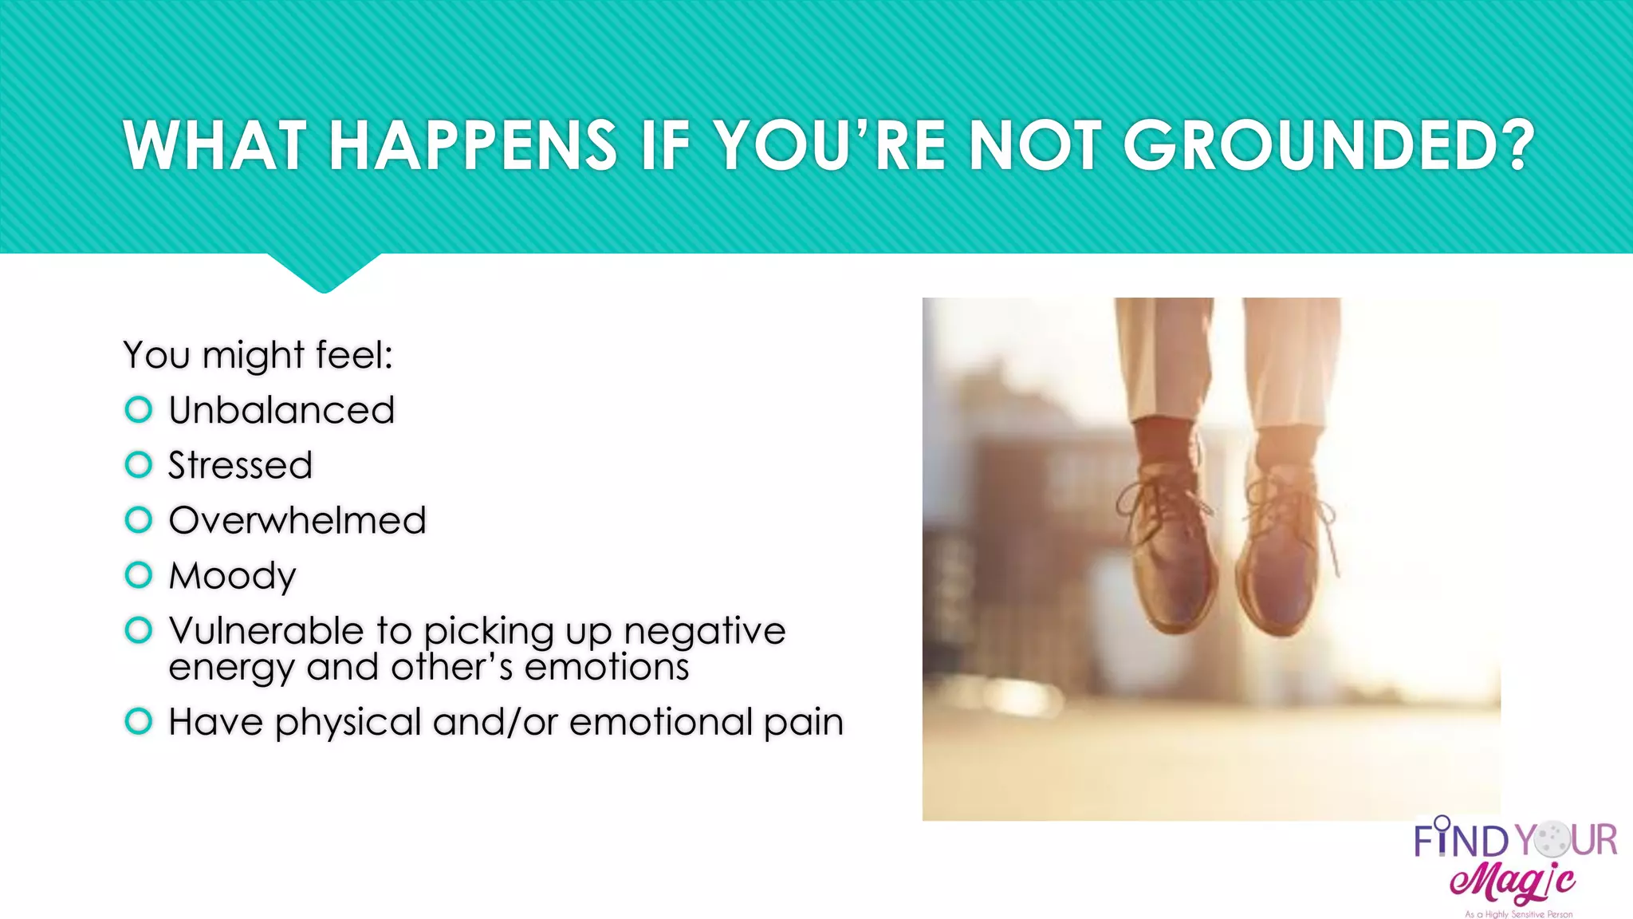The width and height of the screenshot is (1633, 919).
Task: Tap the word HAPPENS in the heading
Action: [x=472, y=146]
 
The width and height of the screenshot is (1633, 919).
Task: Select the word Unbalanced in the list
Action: [x=281, y=410]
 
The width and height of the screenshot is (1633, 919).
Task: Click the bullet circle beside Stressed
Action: [x=139, y=464]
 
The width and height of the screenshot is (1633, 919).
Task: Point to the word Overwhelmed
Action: [x=297, y=520]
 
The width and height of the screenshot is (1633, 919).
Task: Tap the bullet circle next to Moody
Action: [x=139, y=574]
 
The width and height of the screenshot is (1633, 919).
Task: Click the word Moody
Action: [x=232, y=576]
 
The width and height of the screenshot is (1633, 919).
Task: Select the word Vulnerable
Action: [x=266, y=630]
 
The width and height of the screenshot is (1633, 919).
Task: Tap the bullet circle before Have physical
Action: [x=139, y=721]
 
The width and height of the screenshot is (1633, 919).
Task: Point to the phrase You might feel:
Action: [x=258, y=355]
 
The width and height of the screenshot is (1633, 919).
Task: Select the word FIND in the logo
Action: [x=1461, y=841]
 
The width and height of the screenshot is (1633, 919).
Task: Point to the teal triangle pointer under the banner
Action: [x=324, y=271]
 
